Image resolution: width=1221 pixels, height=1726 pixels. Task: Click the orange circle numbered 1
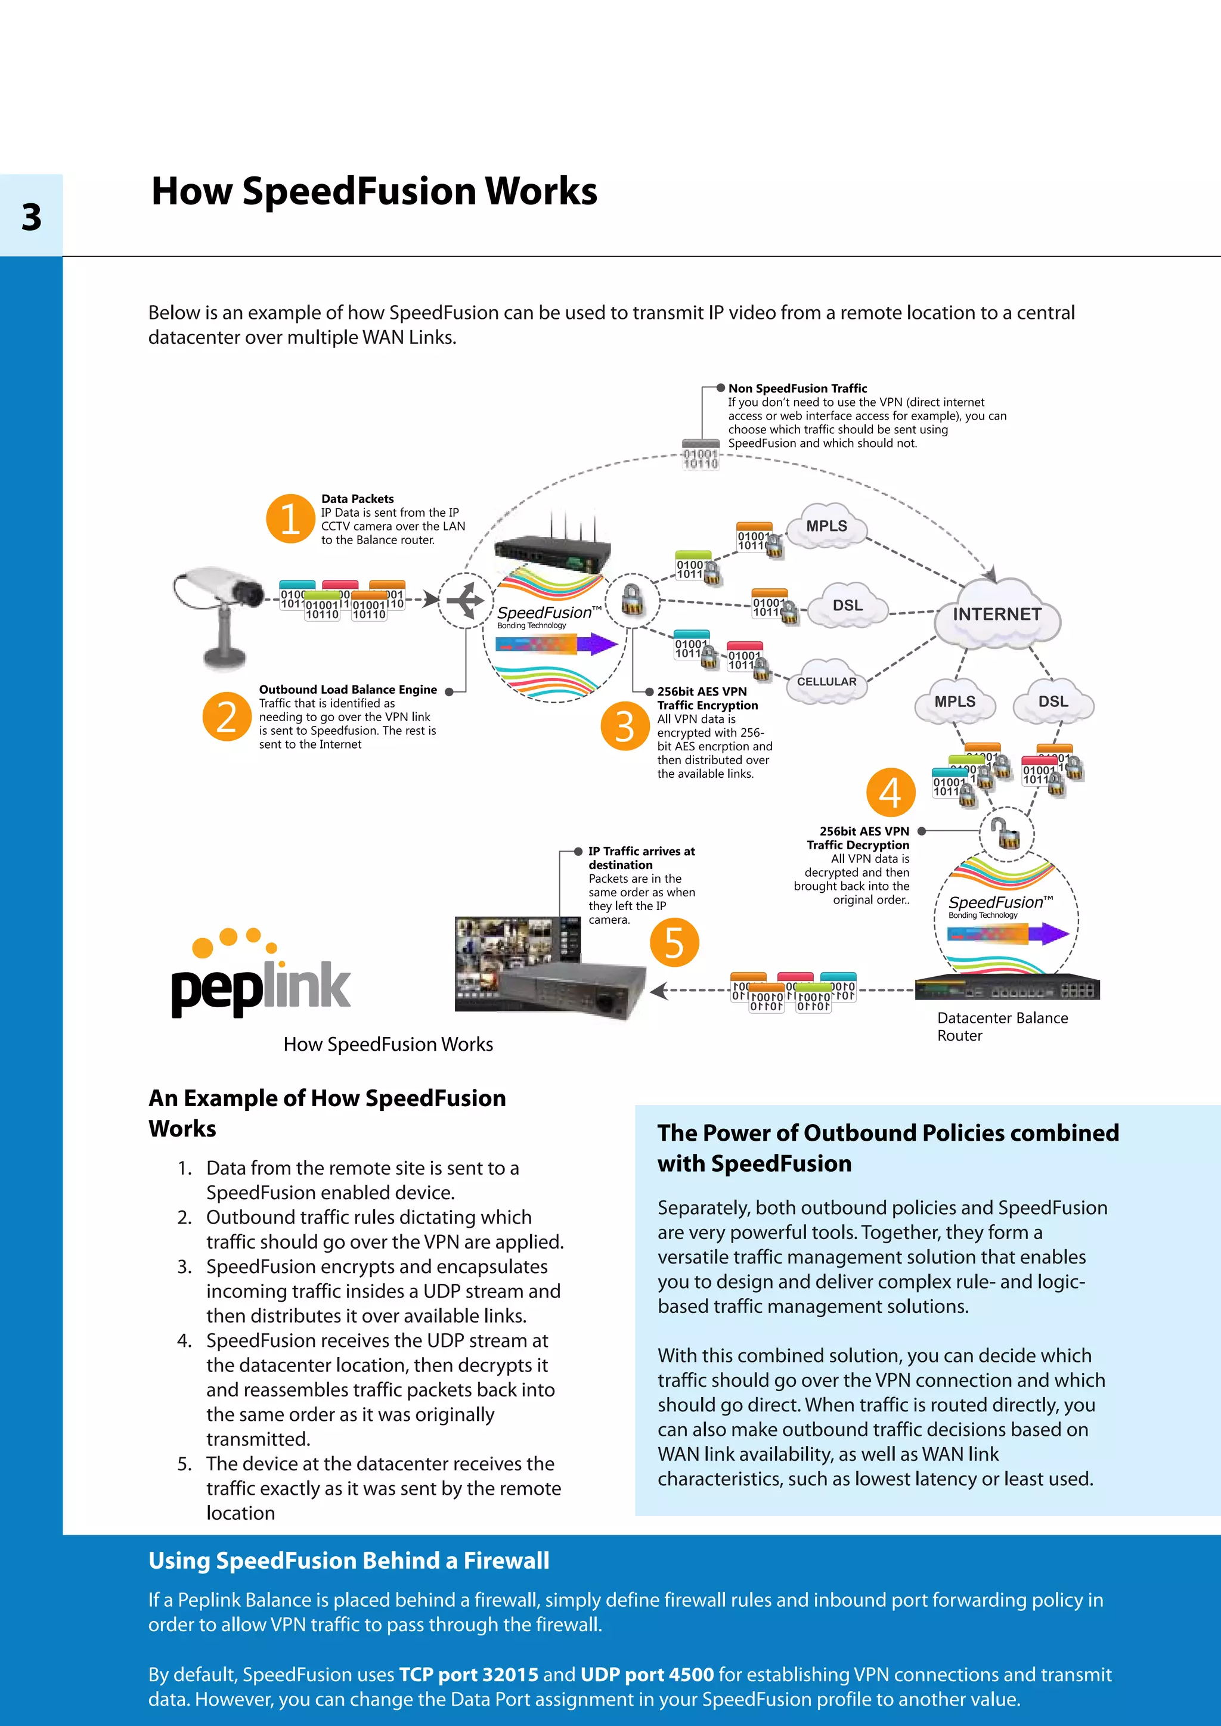point(290,518)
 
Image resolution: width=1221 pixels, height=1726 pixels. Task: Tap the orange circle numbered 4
point(890,792)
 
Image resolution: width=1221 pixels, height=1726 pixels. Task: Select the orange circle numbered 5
point(674,943)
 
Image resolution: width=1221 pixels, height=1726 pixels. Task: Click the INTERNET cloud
point(997,614)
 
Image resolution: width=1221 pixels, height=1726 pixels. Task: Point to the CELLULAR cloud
point(826,681)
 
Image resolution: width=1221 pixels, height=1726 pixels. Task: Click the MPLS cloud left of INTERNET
point(826,526)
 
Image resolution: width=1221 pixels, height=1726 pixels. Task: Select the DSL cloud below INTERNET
point(1053,701)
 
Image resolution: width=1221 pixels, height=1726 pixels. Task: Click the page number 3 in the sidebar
point(31,218)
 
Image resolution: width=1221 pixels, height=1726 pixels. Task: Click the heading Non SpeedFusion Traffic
point(797,389)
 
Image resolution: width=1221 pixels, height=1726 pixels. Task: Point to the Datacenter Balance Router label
point(1002,1026)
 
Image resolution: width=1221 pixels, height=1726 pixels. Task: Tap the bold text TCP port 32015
point(469,1675)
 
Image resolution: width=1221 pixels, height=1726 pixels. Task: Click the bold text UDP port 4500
point(647,1675)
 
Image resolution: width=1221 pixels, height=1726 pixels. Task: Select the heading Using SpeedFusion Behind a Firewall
point(349,1561)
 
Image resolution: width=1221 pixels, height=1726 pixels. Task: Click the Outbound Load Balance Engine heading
point(348,690)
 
